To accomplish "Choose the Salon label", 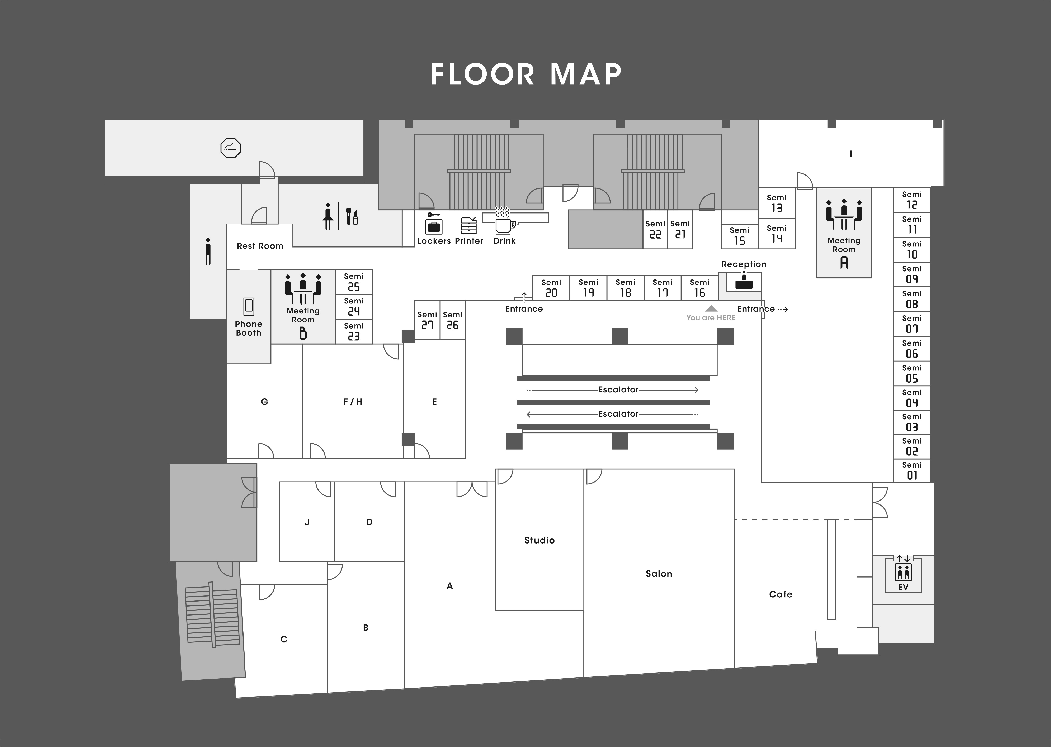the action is tap(659, 574).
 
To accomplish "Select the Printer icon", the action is tap(469, 225).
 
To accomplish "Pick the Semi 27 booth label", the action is tap(427, 320).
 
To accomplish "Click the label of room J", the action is tap(307, 522).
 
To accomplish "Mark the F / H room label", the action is tap(353, 402).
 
